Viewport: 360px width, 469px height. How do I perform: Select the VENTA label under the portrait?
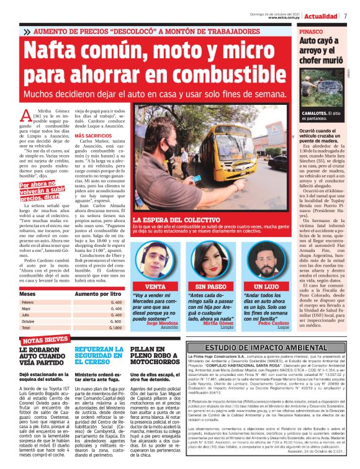coord(155,287)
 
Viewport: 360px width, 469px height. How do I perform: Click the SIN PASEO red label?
coord(210,287)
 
